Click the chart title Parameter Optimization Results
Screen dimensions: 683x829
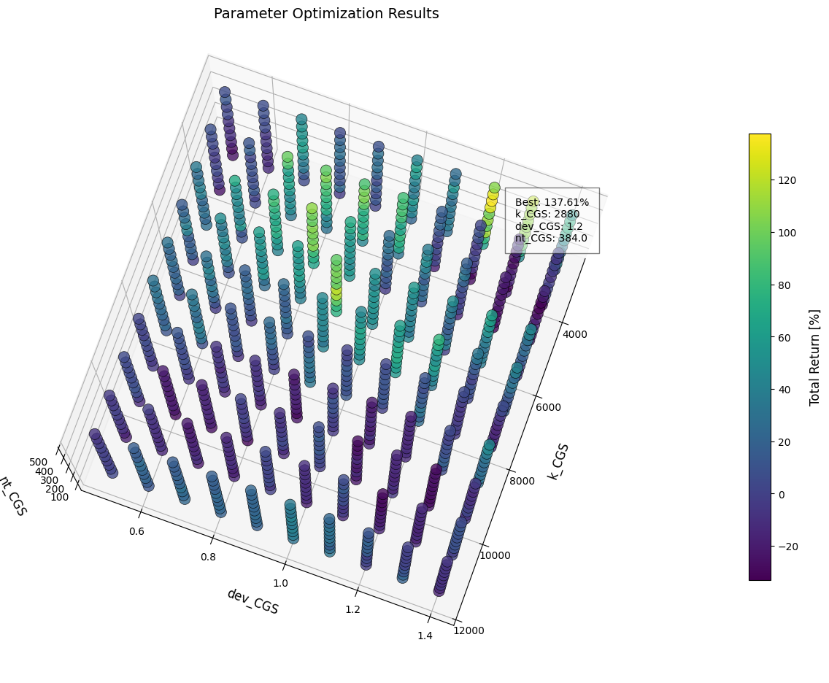tap(326, 14)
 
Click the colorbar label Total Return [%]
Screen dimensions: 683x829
tap(815, 357)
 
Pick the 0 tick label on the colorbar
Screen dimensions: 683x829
tap(782, 494)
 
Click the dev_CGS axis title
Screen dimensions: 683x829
tap(252, 601)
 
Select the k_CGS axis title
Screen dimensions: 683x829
tap(558, 461)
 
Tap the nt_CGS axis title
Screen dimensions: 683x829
tap(12, 495)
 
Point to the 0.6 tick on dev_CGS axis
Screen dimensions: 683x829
tap(136, 531)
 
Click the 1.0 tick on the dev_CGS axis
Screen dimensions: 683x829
tap(280, 583)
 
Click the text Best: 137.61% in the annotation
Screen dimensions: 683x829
tap(552, 202)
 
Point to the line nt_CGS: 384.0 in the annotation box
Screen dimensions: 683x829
tap(551, 238)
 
